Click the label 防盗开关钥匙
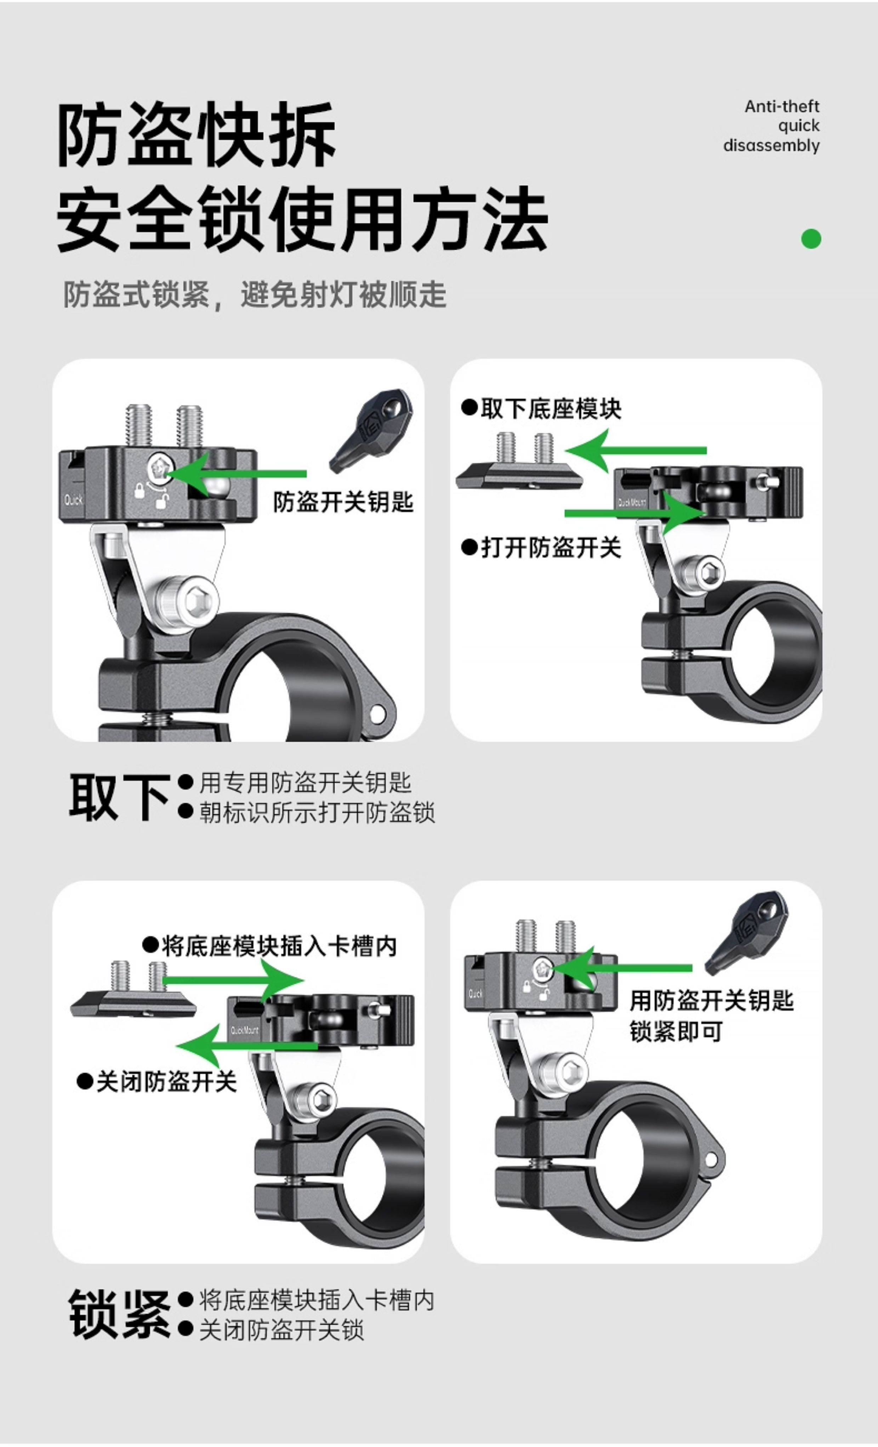343,502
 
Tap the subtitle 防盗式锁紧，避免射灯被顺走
254,295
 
